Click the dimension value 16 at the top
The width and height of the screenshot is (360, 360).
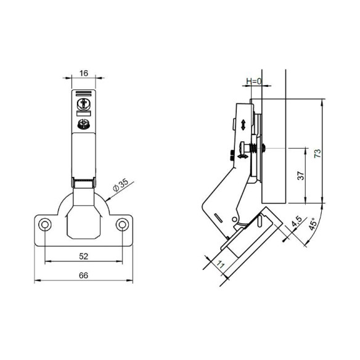point(84,73)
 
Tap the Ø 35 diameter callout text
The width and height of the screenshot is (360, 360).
point(120,184)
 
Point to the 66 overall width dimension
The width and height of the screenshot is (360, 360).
point(83,276)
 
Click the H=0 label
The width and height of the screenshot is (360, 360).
point(254,81)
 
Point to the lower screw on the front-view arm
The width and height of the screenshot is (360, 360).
point(84,125)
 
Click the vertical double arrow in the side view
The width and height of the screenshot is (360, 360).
point(244,125)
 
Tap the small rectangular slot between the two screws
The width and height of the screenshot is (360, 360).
point(84,113)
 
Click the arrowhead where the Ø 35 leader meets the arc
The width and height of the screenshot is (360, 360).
point(108,198)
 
